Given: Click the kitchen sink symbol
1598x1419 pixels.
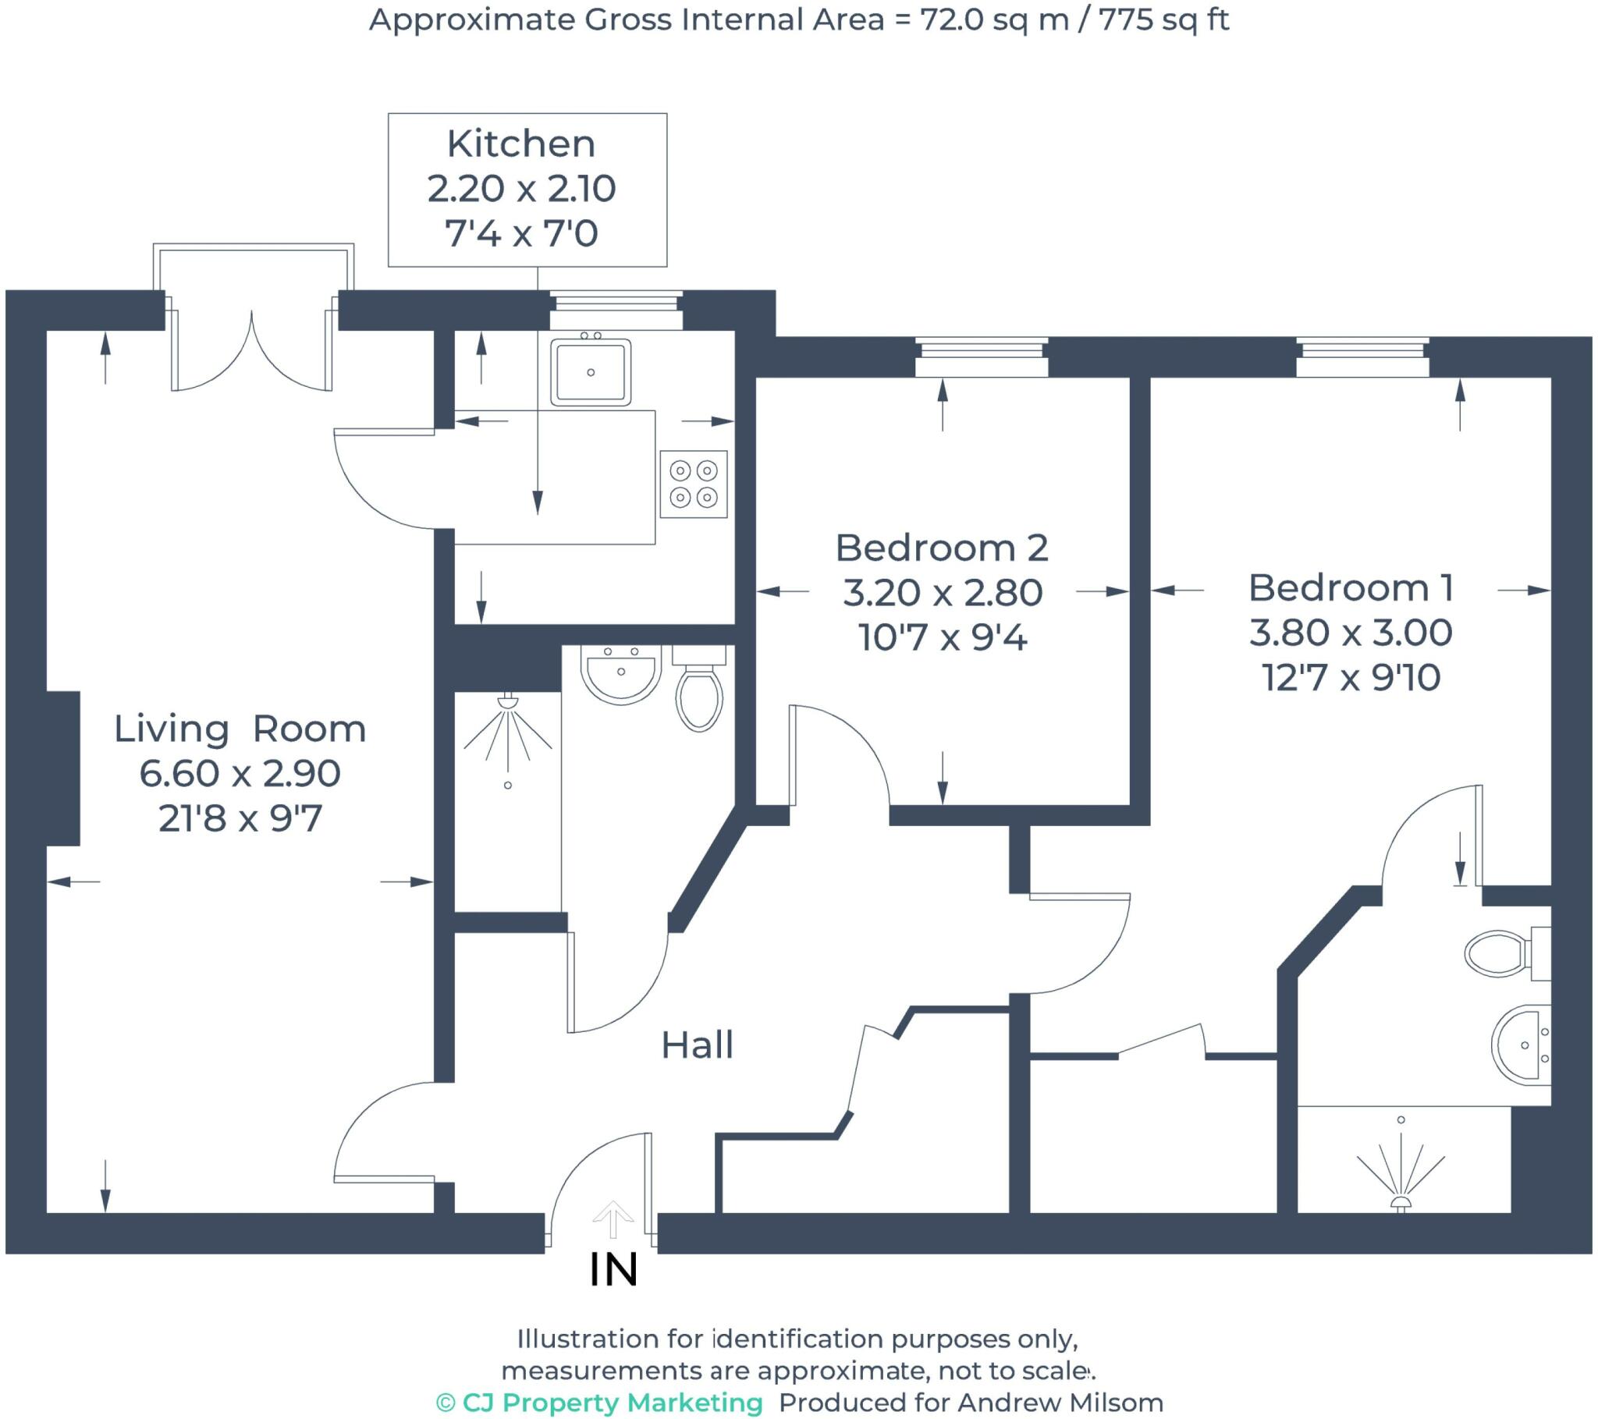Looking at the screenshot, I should pyautogui.click(x=590, y=372).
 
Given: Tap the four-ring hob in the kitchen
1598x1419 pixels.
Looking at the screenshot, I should pyautogui.click(x=694, y=484).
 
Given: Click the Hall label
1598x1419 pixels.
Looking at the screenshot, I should pyautogui.click(x=698, y=1045).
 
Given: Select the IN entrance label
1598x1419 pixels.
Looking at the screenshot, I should pyautogui.click(x=614, y=1270).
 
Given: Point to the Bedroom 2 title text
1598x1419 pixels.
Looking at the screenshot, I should pyautogui.click(x=941, y=548).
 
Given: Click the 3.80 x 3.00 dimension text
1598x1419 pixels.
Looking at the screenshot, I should pyautogui.click(x=1350, y=632).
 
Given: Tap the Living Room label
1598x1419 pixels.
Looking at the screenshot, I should pyautogui.click(x=240, y=729).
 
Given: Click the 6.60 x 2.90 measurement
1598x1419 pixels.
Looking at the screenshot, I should pyautogui.click(x=240, y=773).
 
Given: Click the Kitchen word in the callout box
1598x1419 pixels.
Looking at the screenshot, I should pyautogui.click(x=520, y=144).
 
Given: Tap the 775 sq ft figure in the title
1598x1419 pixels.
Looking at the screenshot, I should pyautogui.click(x=1163, y=20).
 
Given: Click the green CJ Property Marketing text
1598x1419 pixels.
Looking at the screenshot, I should pyautogui.click(x=600, y=1402).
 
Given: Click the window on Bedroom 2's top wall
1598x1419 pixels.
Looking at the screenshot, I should pyautogui.click(x=981, y=357).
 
